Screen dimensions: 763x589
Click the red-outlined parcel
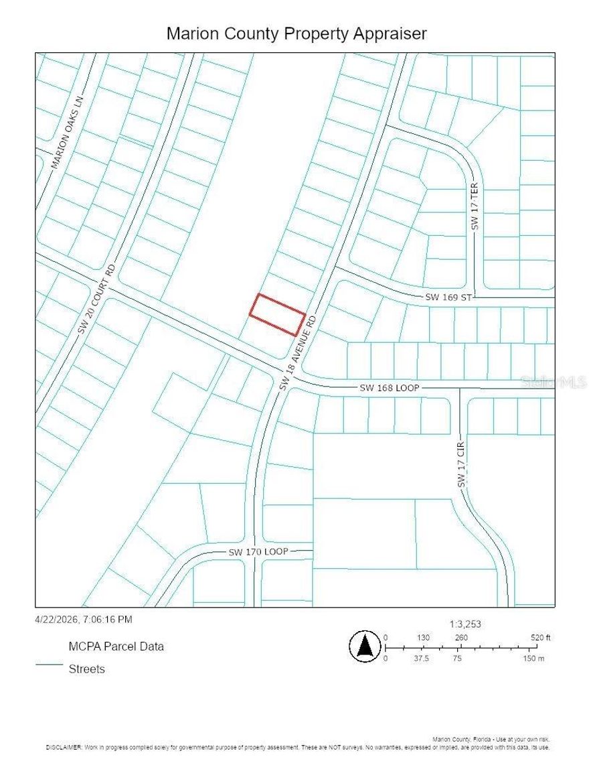click(x=278, y=314)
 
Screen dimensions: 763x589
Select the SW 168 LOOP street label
click(x=389, y=388)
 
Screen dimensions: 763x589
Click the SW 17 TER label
click(x=475, y=208)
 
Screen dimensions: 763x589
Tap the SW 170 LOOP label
click(x=258, y=552)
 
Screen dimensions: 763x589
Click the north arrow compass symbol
click(x=365, y=647)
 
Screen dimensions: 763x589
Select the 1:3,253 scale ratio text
click(x=465, y=624)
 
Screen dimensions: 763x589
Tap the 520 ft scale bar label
click(x=539, y=637)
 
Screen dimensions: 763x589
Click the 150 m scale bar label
click(x=534, y=658)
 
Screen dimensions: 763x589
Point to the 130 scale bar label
click(x=423, y=637)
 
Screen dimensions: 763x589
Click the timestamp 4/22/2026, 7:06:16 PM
click(x=84, y=620)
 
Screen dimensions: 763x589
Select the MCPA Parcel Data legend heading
click(x=116, y=646)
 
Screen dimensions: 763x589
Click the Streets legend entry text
click(x=86, y=669)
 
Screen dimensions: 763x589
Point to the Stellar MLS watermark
click(x=553, y=382)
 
